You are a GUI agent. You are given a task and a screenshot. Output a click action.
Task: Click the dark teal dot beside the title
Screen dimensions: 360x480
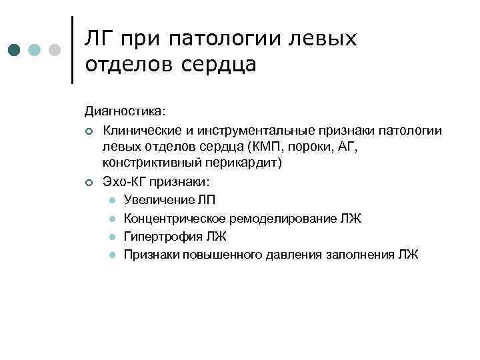point(15,50)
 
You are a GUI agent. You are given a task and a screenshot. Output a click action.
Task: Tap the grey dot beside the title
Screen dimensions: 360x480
point(55,50)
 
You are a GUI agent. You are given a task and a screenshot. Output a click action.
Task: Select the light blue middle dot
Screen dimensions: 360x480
point(35,50)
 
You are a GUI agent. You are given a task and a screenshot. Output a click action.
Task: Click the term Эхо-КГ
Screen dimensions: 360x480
point(123,181)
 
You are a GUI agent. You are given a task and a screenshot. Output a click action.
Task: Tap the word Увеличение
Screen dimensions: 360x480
point(157,199)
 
